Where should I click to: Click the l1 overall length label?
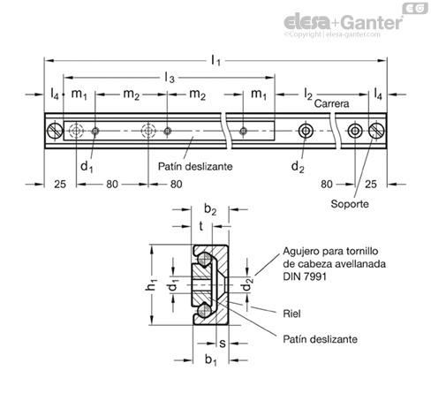[x=215, y=61]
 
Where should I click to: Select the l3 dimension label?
[x=170, y=78]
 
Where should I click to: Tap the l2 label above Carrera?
[x=308, y=95]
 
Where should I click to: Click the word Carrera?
[x=331, y=103]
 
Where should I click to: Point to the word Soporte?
[x=350, y=204]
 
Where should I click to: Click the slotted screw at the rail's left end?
[x=55, y=131]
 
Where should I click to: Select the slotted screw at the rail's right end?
[x=376, y=131]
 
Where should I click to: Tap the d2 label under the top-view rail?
[x=298, y=167]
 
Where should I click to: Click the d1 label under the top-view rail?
[x=87, y=167]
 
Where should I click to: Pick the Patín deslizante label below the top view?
[x=195, y=167]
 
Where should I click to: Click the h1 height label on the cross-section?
[x=151, y=285]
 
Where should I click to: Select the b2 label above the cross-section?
[x=210, y=209]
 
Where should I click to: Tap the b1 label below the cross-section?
[x=211, y=359]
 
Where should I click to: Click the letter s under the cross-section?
[x=223, y=344]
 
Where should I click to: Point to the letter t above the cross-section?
[x=201, y=226]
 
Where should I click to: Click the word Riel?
[x=291, y=314]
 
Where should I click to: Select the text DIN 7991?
[x=305, y=276]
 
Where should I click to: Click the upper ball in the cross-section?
[x=204, y=259]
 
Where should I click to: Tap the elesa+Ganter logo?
[x=344, y=22]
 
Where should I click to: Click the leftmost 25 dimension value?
[x=60, y=185]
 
